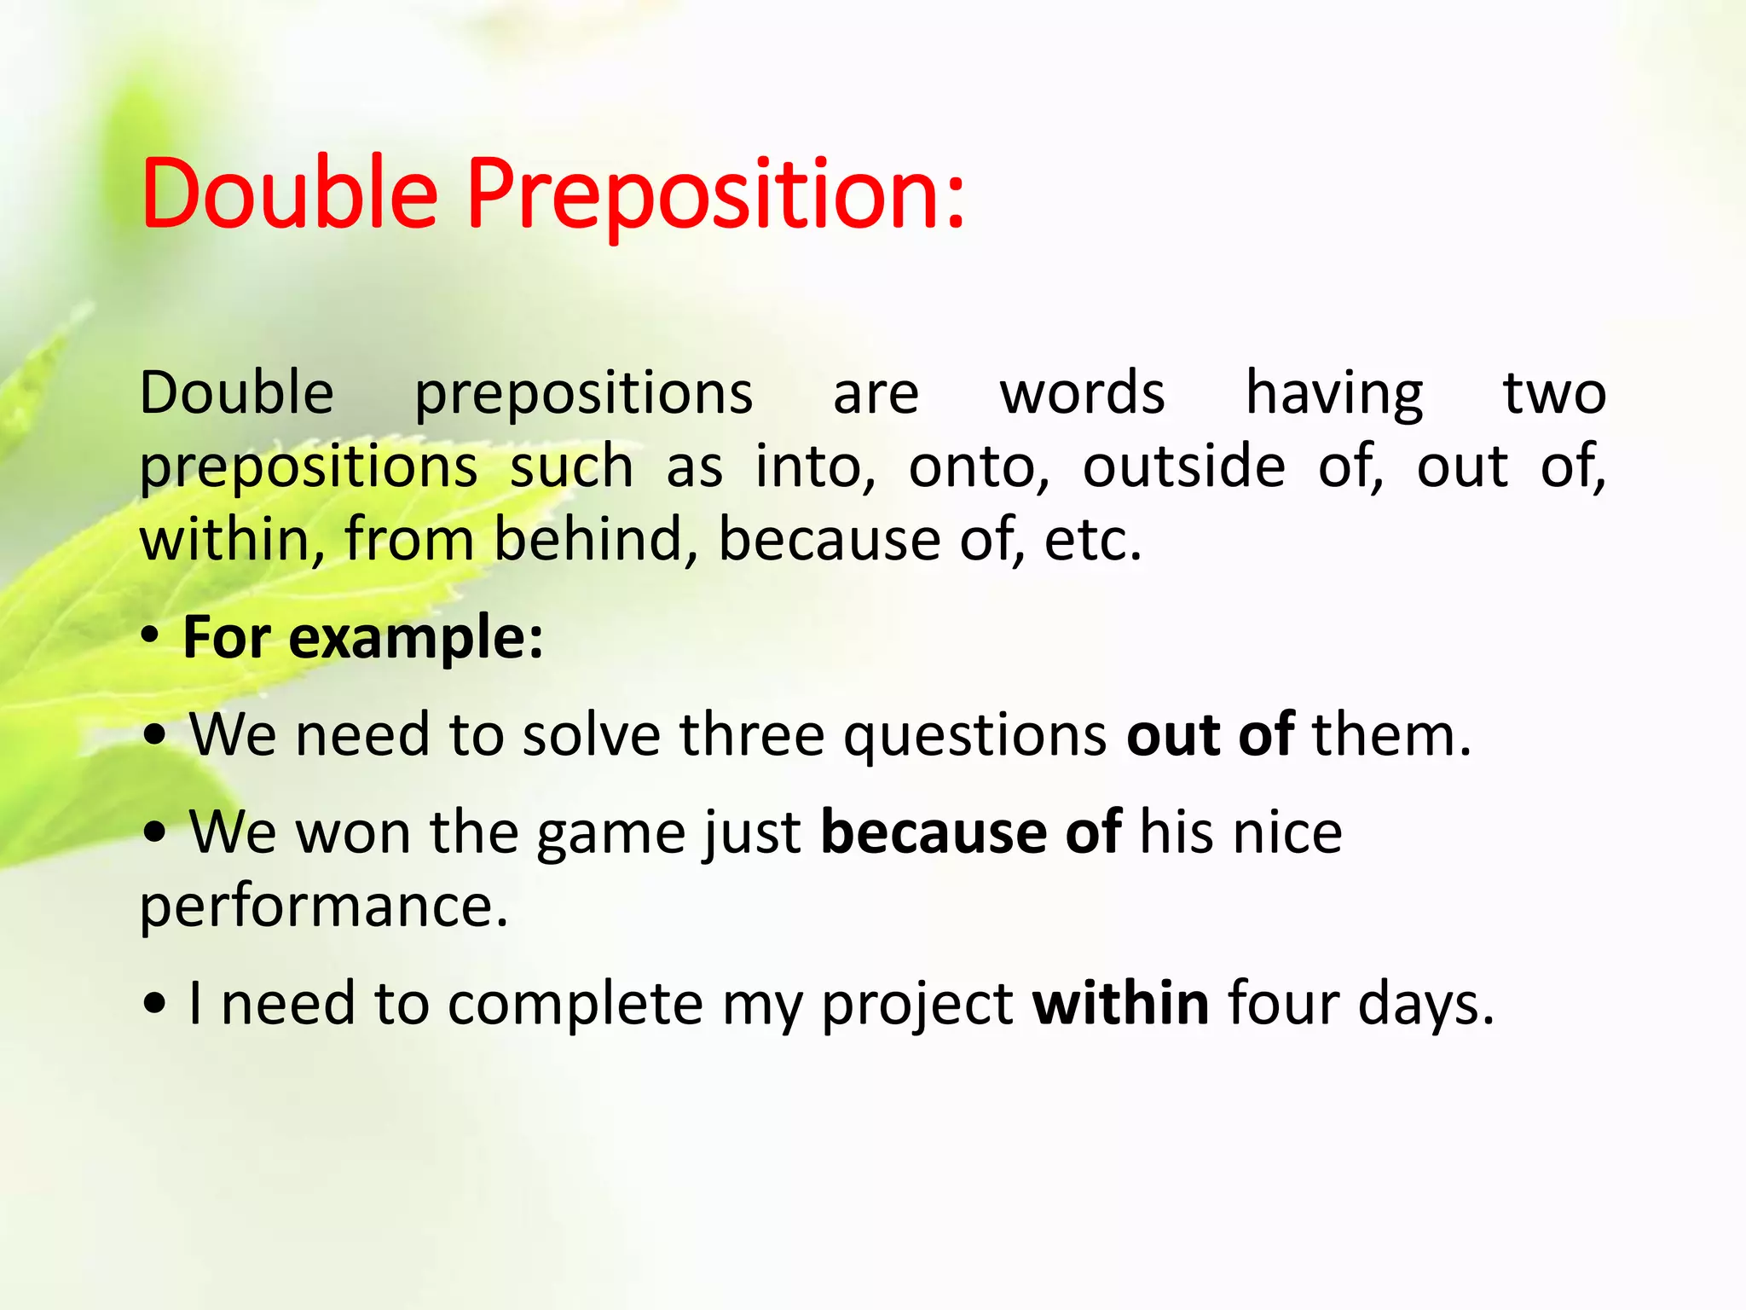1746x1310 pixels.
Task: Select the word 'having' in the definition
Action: point(1334,394)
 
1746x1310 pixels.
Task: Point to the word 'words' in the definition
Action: point(1082,394)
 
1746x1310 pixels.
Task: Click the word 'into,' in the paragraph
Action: point(815,467)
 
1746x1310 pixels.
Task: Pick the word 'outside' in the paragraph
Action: point(1183,467)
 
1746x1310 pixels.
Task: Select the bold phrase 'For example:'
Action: point(363,638)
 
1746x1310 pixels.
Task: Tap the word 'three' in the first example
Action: point(751,735)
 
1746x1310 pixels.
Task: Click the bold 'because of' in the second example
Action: point(970,832)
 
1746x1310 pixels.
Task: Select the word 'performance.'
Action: point(324,906)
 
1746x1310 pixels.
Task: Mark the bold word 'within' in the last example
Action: point(1120,1003)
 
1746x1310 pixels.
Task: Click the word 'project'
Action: point(917,1005)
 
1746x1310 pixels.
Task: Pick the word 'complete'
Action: point(575,1005)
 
